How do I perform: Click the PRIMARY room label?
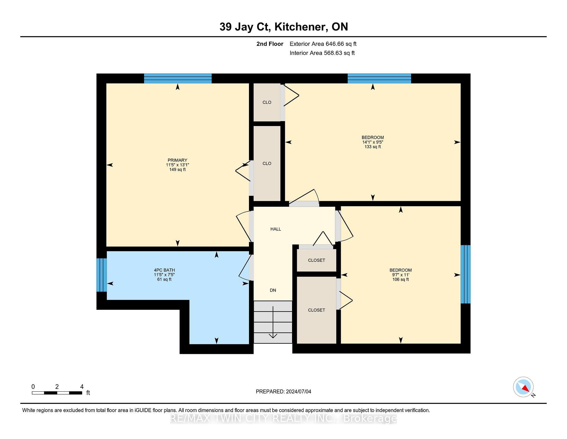click(x=177, y=160)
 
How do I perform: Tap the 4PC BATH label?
click(x=164, y=270)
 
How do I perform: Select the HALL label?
click(x=276, y=229)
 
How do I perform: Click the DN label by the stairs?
click(x=273, y=290)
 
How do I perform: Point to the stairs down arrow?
click(x=273, y=322)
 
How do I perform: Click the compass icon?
click(x=523, y=387)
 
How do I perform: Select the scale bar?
click(x=57, y=393)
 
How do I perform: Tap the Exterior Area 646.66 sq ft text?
click(x=323, y=44)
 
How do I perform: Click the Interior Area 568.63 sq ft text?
click(x=322, y=53)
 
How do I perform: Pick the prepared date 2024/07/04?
click(x=299, y=391)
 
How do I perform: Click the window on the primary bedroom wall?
click(x=178, y=78)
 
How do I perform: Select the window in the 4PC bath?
click(x=102, y=275)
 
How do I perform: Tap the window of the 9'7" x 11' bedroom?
click(x=465, y=274)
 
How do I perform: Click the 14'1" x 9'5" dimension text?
click(x=373, y=142)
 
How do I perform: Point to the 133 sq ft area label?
click(x=373, y=147)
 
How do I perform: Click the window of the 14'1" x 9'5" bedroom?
click(x=379, y=78)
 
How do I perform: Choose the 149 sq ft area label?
click(x=177, y=170)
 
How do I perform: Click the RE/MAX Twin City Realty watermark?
click(x=283, y=418)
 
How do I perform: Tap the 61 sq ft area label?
click(x=164, y=279)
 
